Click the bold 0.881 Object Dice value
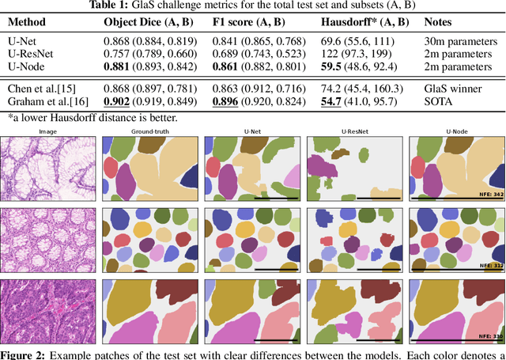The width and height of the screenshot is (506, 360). tap(119, 66)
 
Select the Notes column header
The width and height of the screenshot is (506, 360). tap(440, 22)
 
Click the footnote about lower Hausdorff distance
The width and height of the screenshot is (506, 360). tap(89, 117)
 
